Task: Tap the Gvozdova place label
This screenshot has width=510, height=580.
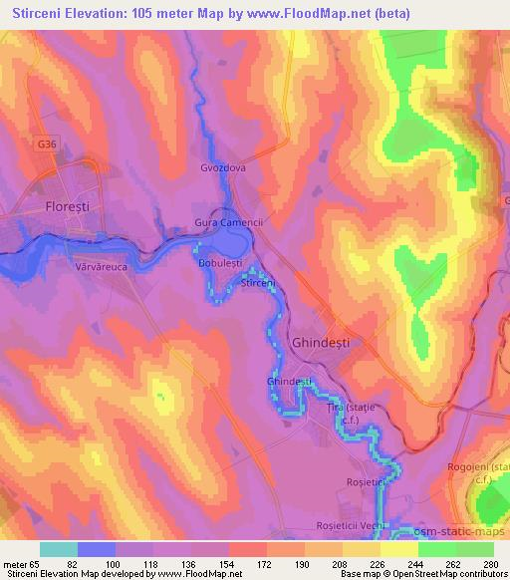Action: (x=223, y=168)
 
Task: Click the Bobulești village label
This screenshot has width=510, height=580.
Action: (x=222, y=262)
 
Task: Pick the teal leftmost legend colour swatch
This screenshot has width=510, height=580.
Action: (x=59, y=549)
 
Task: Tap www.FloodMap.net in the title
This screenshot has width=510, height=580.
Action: (x=303, y=11)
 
